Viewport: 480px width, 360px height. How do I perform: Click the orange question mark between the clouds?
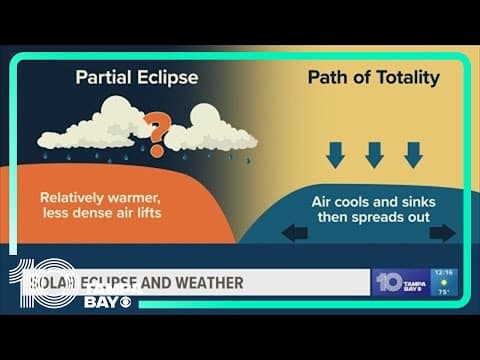[155, 131]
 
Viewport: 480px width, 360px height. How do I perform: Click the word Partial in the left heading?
[104, 77]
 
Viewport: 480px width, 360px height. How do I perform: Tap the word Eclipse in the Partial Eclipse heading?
[168, 77]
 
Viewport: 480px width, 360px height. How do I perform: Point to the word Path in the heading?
[328, 77]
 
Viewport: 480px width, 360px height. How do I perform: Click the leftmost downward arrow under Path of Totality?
[336, 154]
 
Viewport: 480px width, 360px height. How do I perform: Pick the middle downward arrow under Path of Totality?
[375, 154]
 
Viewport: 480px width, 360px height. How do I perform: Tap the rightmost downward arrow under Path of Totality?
[413, 154]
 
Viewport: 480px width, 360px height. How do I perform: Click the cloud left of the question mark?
[95, 127]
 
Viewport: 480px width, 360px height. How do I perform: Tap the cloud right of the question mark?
[212, 131]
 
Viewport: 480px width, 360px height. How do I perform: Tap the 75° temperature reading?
[444, 293]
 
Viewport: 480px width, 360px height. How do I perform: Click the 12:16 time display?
[444, 272]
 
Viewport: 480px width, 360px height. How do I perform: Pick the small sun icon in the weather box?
[444, 282]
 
